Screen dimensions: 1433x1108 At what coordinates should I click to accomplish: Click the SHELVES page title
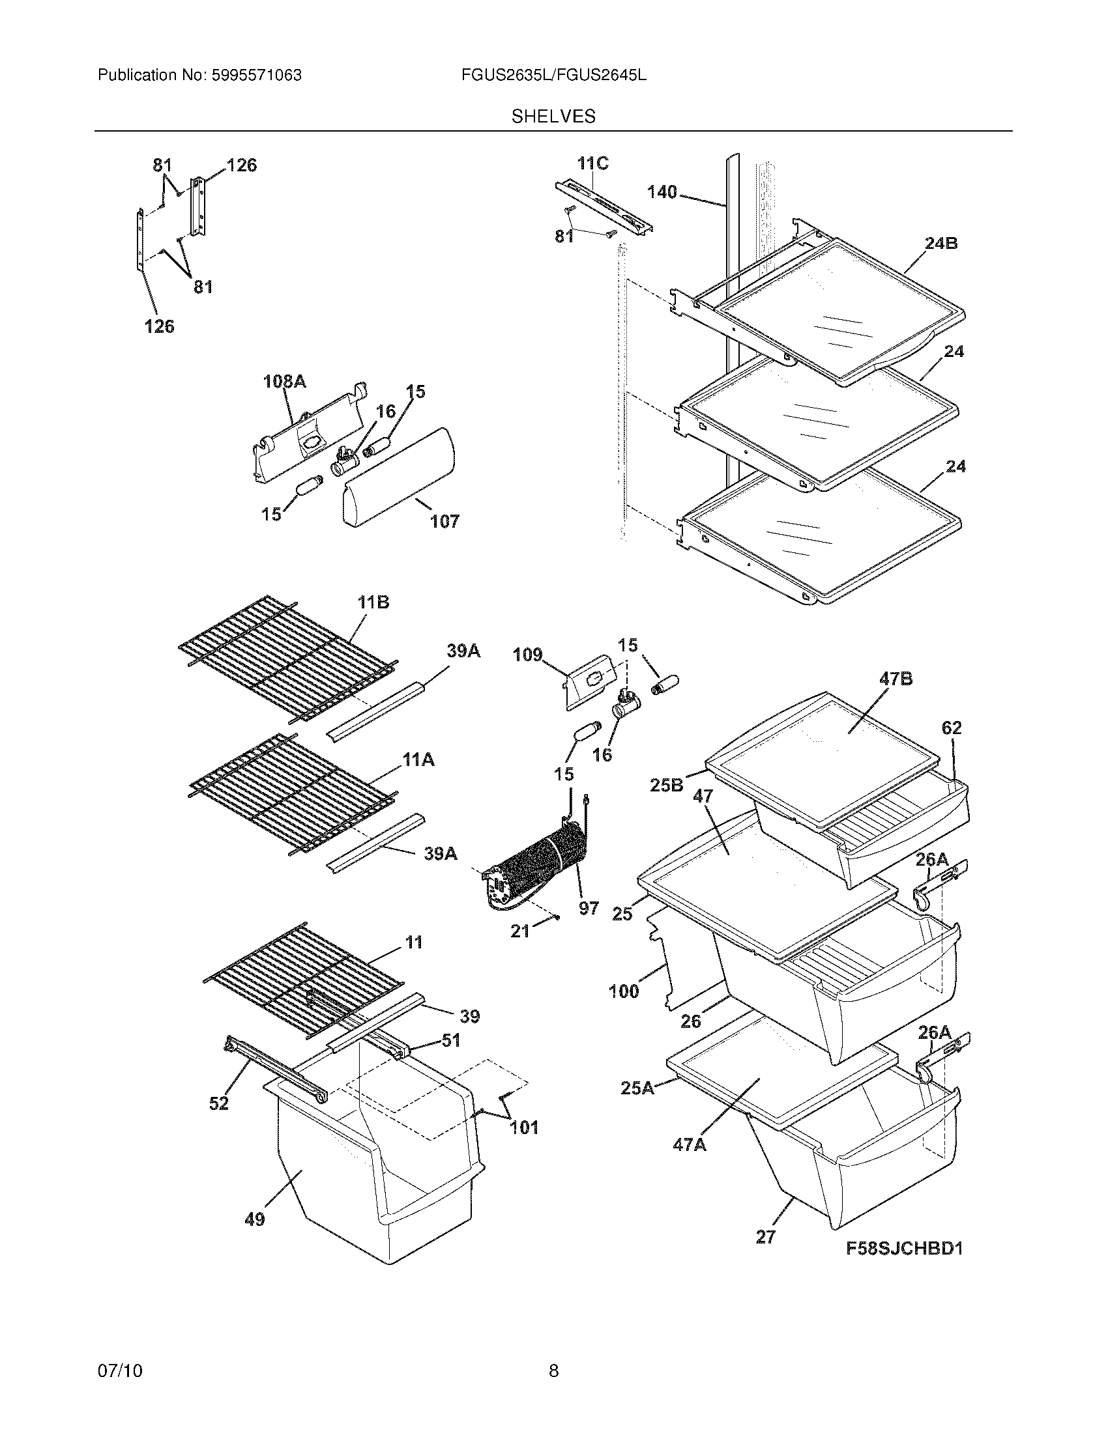[553, 116]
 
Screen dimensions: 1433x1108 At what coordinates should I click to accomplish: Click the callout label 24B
[940, 244]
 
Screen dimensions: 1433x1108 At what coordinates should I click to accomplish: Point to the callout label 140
[662, 192]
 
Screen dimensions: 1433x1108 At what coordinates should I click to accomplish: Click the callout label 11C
[592, 163]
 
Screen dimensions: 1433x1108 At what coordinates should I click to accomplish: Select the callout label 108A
[284, 381]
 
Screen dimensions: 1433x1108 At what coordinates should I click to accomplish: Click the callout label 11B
[373, 602]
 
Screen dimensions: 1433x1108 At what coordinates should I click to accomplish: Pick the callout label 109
[527, 654]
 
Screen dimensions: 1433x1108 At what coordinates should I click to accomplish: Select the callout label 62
[951, 728]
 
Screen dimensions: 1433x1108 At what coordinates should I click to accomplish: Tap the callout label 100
[624, 991]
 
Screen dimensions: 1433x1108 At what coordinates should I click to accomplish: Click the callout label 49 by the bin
[254, 1219]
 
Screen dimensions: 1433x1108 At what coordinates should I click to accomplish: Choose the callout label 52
[218, 1103]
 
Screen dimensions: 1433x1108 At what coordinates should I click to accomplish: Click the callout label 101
[524, 1128]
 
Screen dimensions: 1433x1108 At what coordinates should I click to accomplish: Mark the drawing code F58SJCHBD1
[904, 1248]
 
